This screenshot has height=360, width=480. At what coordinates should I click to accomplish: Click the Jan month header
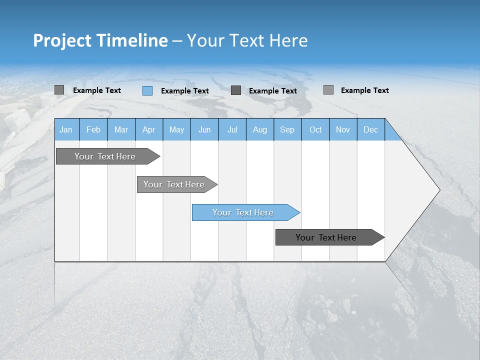point(66,129)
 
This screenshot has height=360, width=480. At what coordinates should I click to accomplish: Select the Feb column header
point(93,129)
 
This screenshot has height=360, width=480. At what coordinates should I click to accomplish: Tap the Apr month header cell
point(149,129)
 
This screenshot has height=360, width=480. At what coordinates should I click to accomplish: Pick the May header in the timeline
point(176,129)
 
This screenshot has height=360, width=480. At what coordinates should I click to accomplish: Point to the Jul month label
point(232,129)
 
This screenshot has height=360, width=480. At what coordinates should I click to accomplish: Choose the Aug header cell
point(260,129)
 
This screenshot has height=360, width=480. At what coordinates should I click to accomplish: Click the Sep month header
point(287,129)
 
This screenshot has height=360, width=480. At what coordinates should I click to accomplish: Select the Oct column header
point(315,129)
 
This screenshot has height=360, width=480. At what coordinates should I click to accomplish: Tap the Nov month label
point(343,129)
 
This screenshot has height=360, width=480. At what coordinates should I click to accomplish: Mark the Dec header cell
point(371,129)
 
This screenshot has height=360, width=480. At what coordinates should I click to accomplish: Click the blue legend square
point(147,90)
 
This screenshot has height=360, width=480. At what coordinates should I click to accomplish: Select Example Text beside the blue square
point(185,91)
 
